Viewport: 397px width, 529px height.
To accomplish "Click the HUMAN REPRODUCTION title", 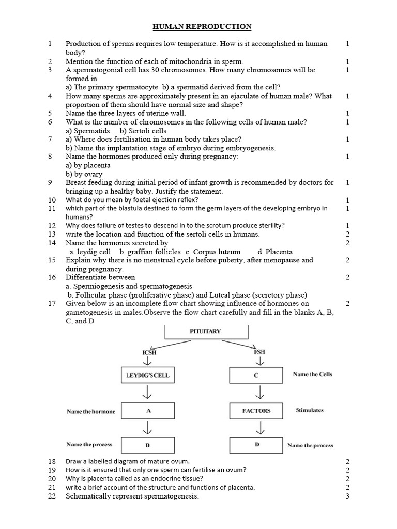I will coord(202,26).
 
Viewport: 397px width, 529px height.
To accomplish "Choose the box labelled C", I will coord(256,375).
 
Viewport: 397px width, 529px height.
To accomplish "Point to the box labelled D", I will coord(256,444).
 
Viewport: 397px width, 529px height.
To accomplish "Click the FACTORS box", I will coord(256,411).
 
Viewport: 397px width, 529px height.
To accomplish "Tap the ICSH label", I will coord(149,353).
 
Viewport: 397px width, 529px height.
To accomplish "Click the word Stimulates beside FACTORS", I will coord(309,411).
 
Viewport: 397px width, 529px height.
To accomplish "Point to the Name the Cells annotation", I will coord(312,374).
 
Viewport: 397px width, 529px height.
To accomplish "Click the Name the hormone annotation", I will coord(91,412).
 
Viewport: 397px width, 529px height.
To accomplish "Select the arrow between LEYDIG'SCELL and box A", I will coord(148,393).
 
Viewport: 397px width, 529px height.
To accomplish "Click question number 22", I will coord(52,496).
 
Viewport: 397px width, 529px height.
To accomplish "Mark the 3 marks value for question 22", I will coord(347,496).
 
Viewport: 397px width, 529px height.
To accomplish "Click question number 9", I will coord(50,182).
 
